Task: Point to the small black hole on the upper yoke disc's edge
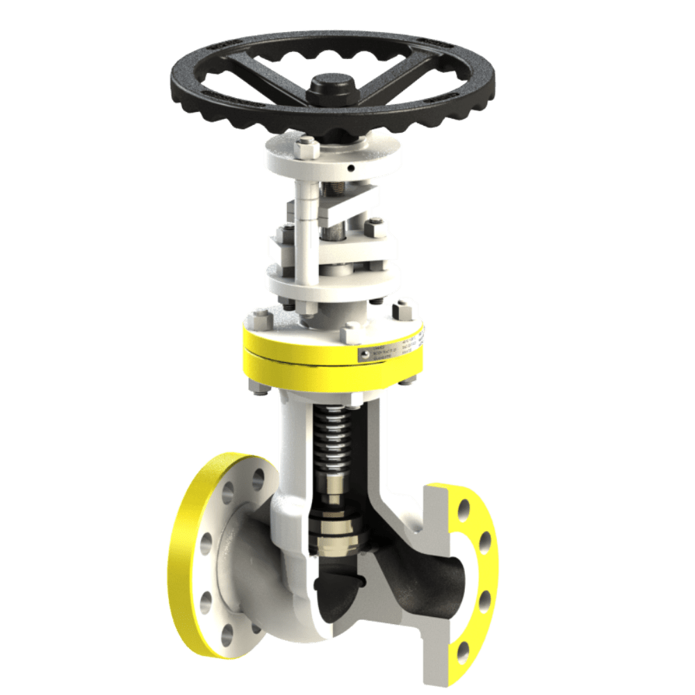click(x=353, y=167)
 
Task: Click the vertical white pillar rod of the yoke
click(x=304, y=229)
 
